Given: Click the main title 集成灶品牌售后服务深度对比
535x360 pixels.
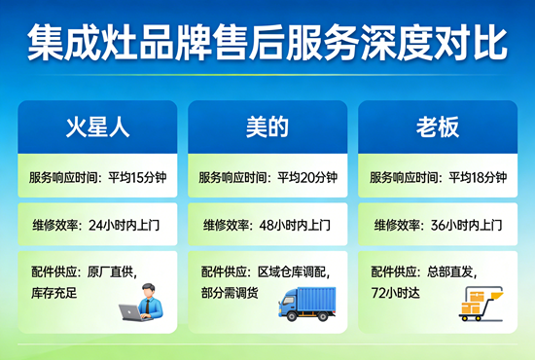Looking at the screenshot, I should tap(267, 44).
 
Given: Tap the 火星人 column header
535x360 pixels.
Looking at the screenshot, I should tap(97, 126).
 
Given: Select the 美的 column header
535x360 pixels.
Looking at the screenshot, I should tap(267, 126).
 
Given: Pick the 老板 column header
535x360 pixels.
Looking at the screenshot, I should tap(439, 126).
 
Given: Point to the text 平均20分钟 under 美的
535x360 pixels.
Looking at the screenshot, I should tap(307, 178).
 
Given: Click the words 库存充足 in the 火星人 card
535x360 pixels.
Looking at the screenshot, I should tap(55, 293).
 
